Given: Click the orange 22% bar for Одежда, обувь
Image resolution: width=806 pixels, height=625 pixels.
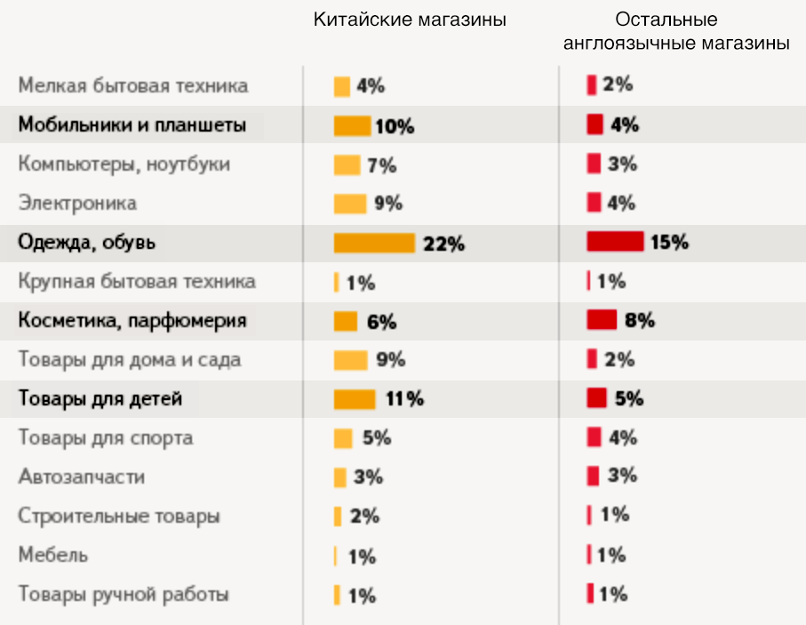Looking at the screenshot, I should (x=374, y=243).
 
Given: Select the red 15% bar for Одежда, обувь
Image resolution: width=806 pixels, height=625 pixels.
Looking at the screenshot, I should (x=615, y=242).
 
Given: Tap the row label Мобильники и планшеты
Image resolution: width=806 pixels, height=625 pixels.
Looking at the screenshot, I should (x=132, y=125).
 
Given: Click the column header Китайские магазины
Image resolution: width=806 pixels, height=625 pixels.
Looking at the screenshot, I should (x=410, y=20).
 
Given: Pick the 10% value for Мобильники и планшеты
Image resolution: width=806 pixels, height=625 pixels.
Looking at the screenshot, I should (x=395, y=126).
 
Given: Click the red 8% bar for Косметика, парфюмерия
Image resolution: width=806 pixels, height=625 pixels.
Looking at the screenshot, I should (x=602, y=320).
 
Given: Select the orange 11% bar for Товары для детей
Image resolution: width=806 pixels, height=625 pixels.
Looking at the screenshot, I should (x=355, y=399).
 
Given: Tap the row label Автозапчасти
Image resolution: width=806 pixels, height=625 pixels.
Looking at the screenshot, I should (x=82, y=477).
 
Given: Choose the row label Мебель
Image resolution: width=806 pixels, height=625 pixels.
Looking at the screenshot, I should (x=53, y=555).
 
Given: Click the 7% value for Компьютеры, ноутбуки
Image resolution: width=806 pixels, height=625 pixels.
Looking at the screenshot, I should (x=382, y=165).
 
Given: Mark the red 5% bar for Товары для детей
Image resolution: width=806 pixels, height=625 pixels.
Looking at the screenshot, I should (x=596, y=398).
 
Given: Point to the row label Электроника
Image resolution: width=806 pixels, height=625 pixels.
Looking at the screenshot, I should (x=78, y=204).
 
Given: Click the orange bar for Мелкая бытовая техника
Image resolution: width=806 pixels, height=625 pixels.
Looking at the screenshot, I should (x=341, y=87).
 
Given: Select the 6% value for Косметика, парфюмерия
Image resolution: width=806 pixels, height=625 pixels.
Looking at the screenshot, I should (x=381, y=322).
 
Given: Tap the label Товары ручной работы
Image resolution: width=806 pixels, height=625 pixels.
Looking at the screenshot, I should (x=124, y=594).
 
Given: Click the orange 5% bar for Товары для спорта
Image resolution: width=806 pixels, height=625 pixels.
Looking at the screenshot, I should (x=343, y=438).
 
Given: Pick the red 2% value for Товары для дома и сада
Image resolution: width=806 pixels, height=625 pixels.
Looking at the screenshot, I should (x=619, y=359).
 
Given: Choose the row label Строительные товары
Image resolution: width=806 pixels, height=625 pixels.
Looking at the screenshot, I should (x=119, y=516).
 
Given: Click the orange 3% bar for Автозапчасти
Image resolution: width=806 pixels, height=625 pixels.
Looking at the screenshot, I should (x=339, y=477).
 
